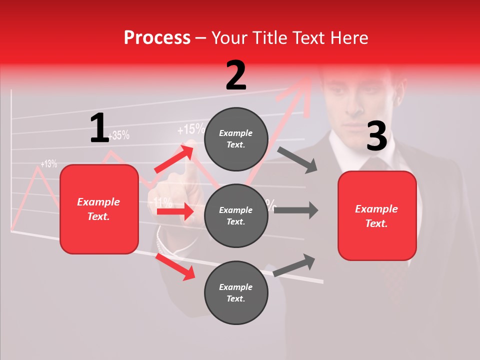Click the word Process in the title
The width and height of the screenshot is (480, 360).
157,38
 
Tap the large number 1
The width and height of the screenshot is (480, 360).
99,128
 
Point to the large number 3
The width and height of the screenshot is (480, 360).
376,136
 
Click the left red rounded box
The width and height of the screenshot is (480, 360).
99,209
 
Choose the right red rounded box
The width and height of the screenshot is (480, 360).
377,216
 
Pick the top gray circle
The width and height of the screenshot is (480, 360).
236,139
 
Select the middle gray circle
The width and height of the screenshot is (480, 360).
236,215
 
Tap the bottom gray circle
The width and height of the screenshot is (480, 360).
236,292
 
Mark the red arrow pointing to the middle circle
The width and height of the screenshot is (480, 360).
175,212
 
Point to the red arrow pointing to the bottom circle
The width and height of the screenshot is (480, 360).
175,266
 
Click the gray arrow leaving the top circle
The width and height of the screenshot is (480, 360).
297,159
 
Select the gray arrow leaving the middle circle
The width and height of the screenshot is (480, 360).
296,210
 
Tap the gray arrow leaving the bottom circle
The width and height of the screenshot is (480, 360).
294,265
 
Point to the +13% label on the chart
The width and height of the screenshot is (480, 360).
48,163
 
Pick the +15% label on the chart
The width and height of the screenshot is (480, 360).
190,130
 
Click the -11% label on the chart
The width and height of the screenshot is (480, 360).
162,202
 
